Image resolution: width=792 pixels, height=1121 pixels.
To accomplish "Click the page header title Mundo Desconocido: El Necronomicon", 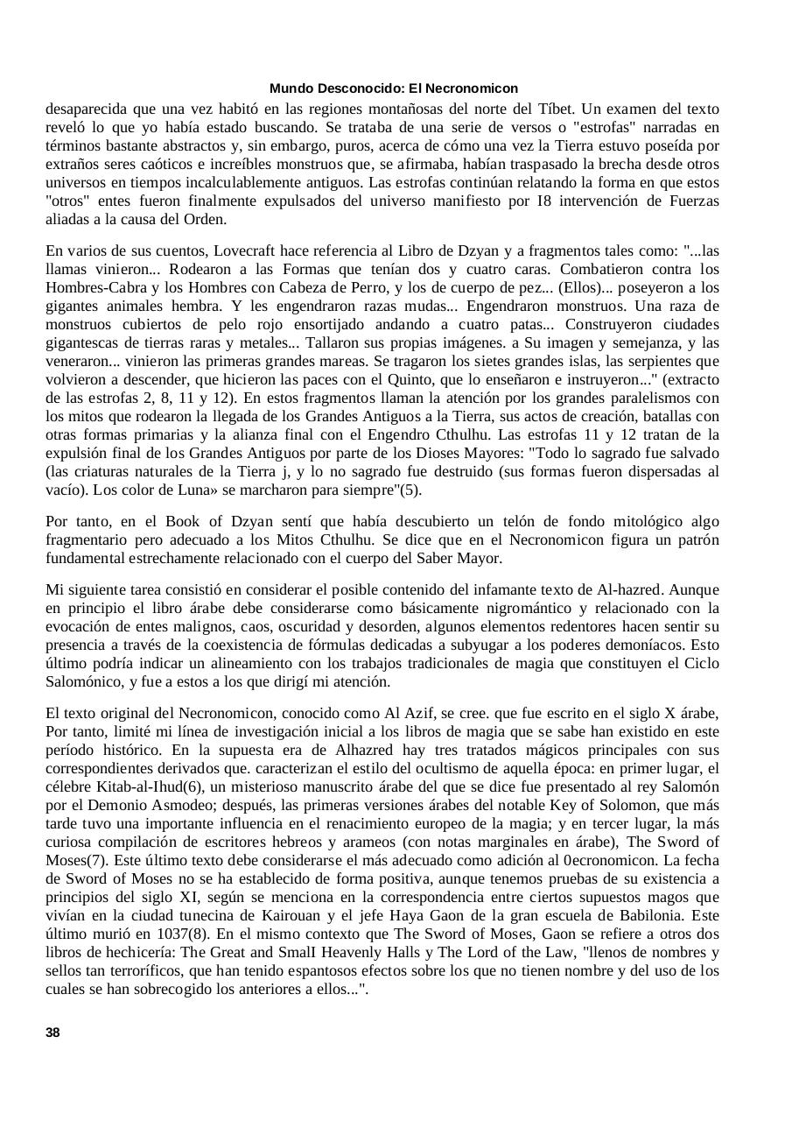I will pyautogui.click(x=394, y=88).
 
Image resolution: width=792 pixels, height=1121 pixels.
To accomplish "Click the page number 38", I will pyautogui.click(x=53, y=1033).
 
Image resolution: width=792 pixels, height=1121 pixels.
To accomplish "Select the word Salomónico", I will pyautogui.click(x=85, y=681).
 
